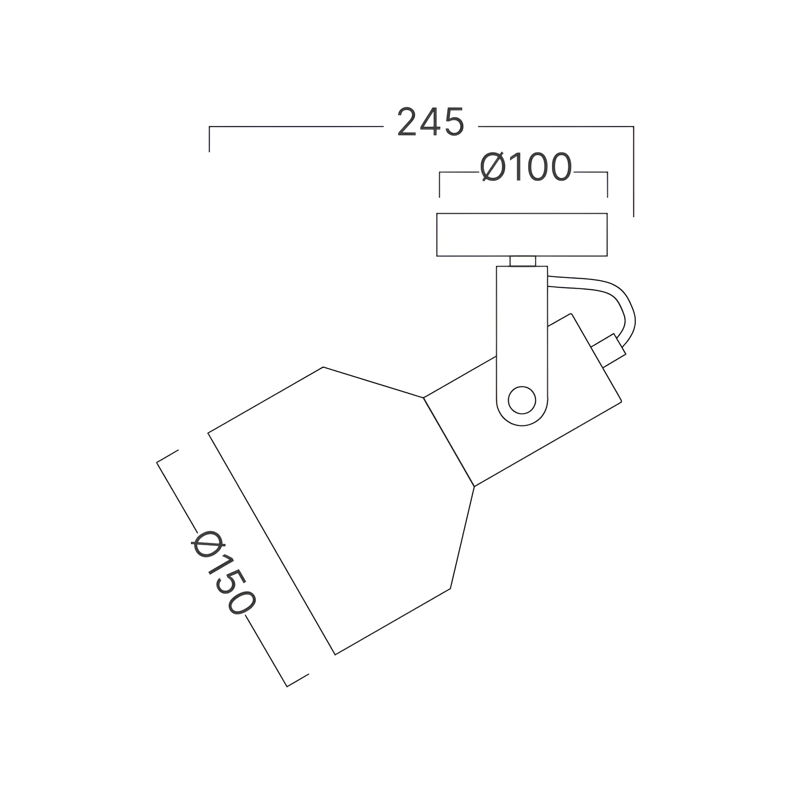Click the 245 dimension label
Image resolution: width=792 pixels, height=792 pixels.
[x=431, y=122]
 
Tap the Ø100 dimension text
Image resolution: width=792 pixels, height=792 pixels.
[x=526, y=167]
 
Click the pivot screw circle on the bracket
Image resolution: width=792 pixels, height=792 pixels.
[x=522, y=400]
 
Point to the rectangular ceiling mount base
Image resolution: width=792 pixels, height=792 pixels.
[x=522, y=234]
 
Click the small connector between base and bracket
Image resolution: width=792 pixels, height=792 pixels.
[x=523, y=261]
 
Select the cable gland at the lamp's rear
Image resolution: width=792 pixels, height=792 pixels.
[x=609, y=351]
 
